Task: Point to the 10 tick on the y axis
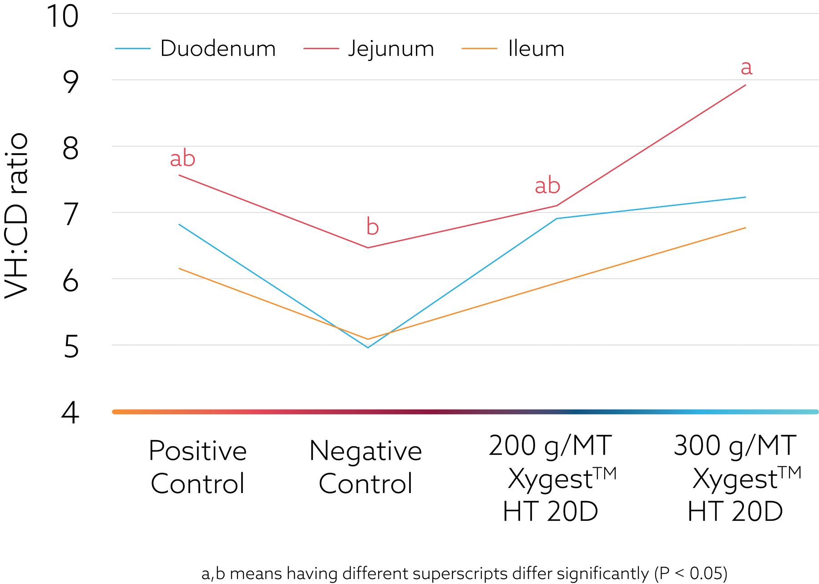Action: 63,16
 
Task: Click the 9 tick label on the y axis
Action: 71,82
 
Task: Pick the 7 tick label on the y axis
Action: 71,215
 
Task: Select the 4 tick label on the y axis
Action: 71,413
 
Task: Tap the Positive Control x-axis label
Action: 198,467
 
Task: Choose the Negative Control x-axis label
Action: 365,467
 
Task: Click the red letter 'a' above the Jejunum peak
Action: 746,68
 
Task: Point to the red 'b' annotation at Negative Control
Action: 372,227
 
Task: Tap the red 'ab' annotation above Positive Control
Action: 182,159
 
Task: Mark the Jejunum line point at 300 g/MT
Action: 745,85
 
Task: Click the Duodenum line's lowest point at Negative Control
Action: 368,347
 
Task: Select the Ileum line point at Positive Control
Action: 179,268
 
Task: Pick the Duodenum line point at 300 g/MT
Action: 745,197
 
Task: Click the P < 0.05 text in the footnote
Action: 692,573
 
